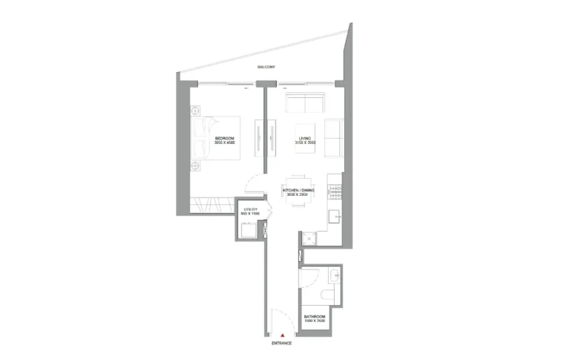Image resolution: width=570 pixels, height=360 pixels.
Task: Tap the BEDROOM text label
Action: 225,138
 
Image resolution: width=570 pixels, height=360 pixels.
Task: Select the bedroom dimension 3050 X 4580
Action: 225,143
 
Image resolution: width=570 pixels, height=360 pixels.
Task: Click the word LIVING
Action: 304,138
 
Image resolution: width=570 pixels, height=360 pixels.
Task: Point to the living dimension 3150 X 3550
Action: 304,143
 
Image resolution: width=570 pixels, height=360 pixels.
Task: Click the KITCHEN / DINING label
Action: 298,190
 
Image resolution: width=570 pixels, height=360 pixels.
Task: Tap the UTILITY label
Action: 250,209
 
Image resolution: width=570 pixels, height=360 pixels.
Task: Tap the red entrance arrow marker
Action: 283,336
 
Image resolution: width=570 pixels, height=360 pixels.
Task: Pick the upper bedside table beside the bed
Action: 196,111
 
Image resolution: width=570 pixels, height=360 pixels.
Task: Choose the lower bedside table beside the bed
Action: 196,166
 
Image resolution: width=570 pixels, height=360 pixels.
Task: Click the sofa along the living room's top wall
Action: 304,103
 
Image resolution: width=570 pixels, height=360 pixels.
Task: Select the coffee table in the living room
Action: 305,138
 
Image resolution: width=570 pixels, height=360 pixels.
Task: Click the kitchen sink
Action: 335,217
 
